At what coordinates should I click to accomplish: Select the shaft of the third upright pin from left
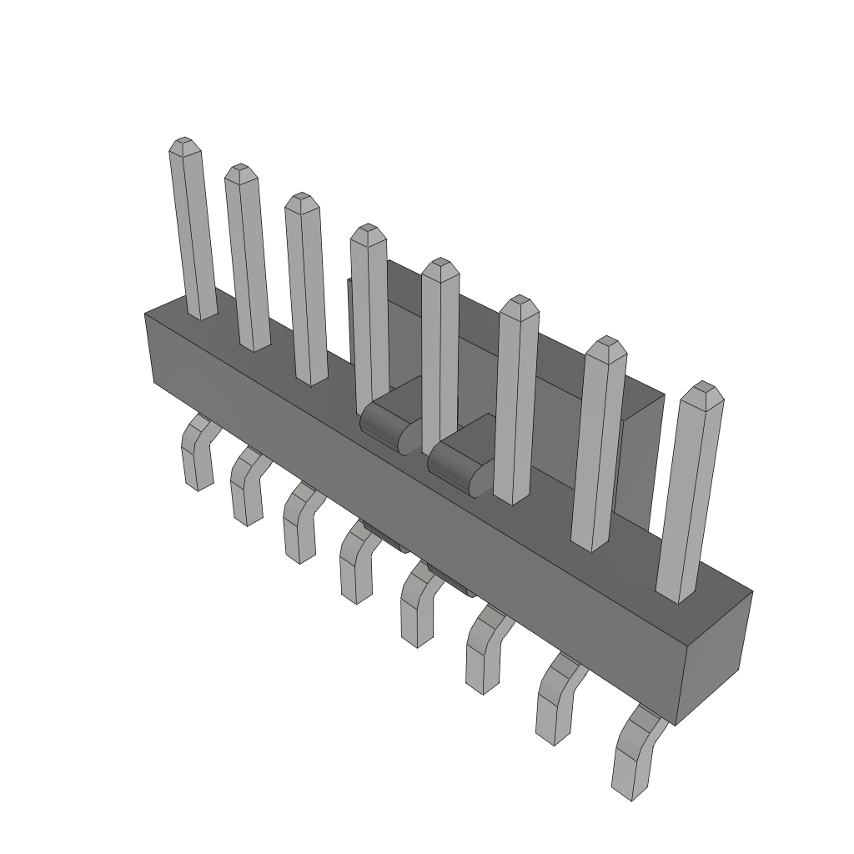306,292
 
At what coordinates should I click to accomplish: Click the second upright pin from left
248,259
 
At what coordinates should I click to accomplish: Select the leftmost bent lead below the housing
197,455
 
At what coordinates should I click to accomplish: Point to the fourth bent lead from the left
356,567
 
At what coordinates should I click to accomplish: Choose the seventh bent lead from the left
554,701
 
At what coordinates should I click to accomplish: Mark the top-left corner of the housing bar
146,314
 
